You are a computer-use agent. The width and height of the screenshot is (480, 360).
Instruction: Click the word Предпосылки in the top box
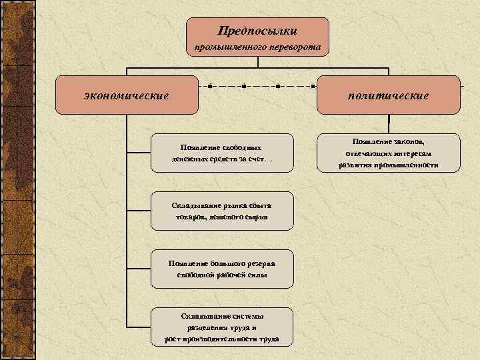(257, 31)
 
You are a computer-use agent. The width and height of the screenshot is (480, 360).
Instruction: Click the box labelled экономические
(127, 95)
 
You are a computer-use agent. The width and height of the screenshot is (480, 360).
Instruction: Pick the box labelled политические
(388, 95)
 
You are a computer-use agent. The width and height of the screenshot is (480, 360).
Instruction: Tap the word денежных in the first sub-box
(187, 160)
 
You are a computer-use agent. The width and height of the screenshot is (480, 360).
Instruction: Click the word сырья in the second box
(255, 217)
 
